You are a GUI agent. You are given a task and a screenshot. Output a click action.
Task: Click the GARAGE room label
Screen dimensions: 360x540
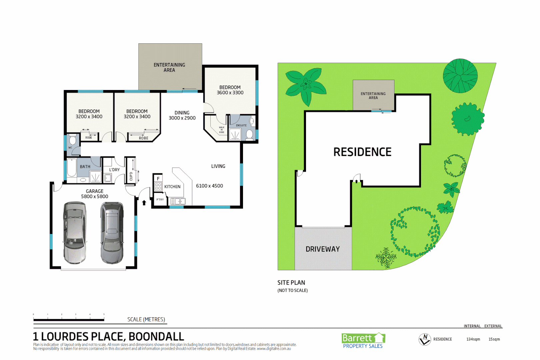[95, 191]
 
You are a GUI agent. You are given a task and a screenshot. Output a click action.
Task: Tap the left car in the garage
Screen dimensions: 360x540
[75, 232]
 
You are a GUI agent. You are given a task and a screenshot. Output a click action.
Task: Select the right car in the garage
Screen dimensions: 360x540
[112, 232]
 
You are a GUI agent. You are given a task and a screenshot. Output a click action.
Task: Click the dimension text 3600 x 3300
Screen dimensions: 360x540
[230, 93]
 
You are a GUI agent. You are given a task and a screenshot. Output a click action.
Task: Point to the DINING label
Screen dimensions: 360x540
[182, 113]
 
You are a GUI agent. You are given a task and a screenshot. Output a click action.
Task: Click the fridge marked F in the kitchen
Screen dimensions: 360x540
[158, 179]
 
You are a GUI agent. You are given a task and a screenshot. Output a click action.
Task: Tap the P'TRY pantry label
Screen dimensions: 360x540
[160, 200]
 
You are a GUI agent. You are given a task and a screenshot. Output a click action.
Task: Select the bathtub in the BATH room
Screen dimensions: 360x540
[72, 168]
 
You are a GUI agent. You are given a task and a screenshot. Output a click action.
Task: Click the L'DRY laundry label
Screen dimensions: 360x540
[114, 170]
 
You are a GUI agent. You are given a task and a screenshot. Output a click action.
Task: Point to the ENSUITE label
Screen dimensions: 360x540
[241, 125]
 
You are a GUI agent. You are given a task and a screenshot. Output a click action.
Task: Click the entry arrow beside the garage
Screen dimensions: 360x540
[144, 202]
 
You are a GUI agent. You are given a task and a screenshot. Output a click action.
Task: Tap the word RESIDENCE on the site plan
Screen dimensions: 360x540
[362, 152]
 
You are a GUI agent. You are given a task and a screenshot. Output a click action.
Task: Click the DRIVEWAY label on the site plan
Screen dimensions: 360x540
[323, 249]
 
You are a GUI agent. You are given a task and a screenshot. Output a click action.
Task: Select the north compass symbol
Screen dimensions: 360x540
[425, 339]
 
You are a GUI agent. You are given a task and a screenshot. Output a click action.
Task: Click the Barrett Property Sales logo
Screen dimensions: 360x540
[363, 341]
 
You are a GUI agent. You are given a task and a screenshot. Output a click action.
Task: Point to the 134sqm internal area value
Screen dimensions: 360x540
[473, 339]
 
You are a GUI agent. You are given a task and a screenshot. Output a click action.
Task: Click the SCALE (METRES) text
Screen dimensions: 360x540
[146, 319]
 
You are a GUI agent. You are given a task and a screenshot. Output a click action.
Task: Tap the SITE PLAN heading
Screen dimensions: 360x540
[291, 283]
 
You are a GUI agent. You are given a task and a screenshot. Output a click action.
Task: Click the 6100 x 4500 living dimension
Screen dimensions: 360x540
[209, 186]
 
